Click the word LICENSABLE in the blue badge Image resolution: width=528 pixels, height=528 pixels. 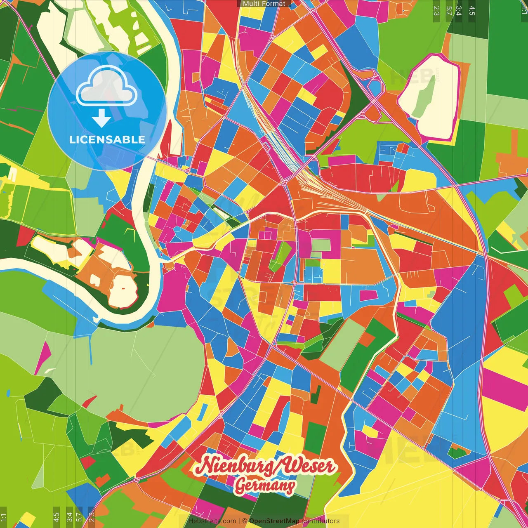tap(107, 139)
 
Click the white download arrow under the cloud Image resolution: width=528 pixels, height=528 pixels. tap(101, 118)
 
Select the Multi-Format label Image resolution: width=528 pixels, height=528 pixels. tap(264, 4)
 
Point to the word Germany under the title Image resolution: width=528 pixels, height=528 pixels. tap(264, 486)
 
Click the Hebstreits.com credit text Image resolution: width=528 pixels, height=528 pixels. tap(212, 521)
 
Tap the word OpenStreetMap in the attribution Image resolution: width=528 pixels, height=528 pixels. tap(274, 521)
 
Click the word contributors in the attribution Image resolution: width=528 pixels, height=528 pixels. tap(321, 521)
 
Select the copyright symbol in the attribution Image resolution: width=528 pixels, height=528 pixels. tap(244, 521)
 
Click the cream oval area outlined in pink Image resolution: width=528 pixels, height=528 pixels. tap(429, 97)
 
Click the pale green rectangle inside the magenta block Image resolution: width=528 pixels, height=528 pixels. tap(321, 245)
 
